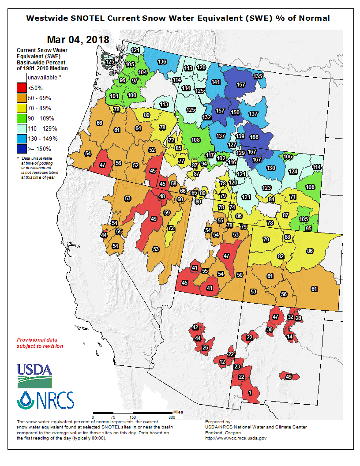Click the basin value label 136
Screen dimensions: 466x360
(162, 62)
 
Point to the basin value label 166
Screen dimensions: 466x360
(254, 137)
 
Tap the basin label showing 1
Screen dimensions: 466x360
(250, 393)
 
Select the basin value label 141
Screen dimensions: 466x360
(216, 82)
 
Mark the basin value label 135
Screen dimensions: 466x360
(258, 76)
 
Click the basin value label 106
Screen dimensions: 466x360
(288, 157)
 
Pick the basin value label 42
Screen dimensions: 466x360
(195, 327)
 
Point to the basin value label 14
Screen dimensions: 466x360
(289, 337)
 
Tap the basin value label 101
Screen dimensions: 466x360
(114, 96)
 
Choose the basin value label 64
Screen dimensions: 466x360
(138, 128)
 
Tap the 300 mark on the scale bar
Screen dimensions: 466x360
(172, 417)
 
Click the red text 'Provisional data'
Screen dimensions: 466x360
(37, 340)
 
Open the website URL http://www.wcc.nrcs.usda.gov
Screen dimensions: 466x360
(236, 438)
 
